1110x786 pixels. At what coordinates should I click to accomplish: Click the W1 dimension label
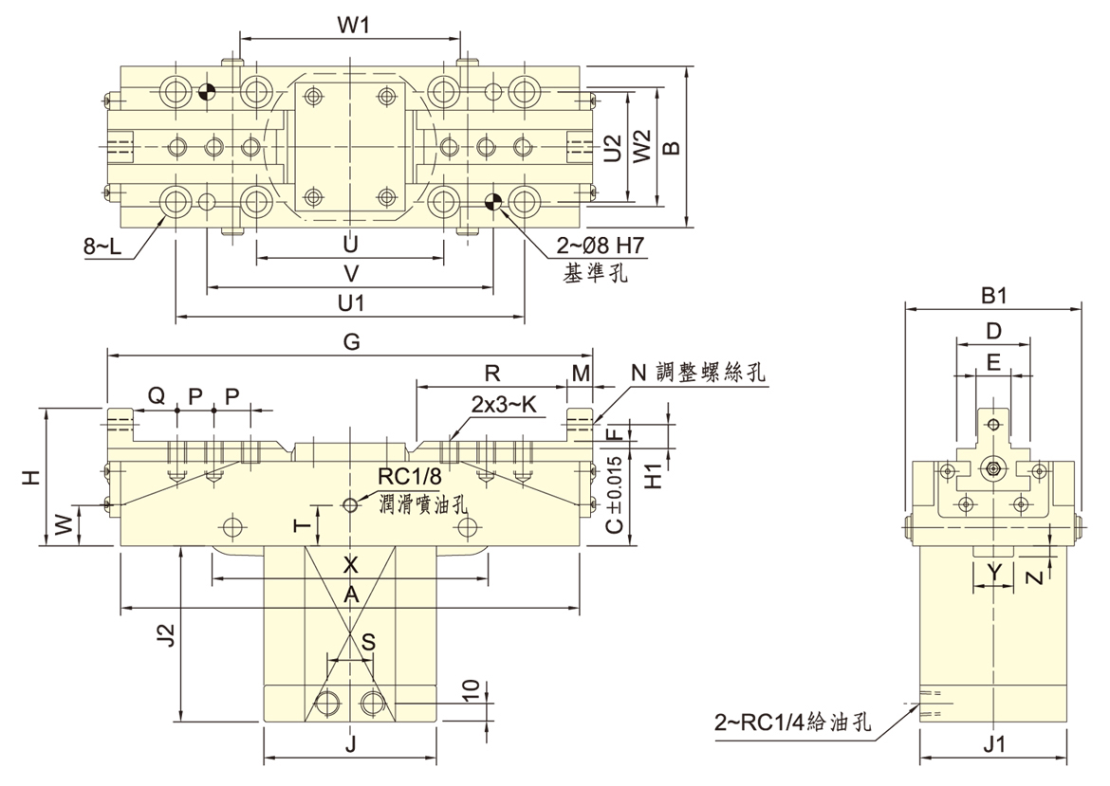point(352,26)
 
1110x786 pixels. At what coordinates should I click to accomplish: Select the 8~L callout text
point(102,247)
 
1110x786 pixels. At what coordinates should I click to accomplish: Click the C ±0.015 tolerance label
point(614,494)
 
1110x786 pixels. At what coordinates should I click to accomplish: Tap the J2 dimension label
point(165,633)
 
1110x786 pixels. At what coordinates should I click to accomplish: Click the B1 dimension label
point(993,296)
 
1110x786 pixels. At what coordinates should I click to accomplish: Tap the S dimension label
point(367,642)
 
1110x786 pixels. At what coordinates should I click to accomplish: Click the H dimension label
point(31,477)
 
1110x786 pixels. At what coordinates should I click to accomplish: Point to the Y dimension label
point(993,571)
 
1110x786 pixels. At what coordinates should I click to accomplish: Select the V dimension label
point(350,272)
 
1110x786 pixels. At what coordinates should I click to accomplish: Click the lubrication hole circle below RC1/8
point(351,503)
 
